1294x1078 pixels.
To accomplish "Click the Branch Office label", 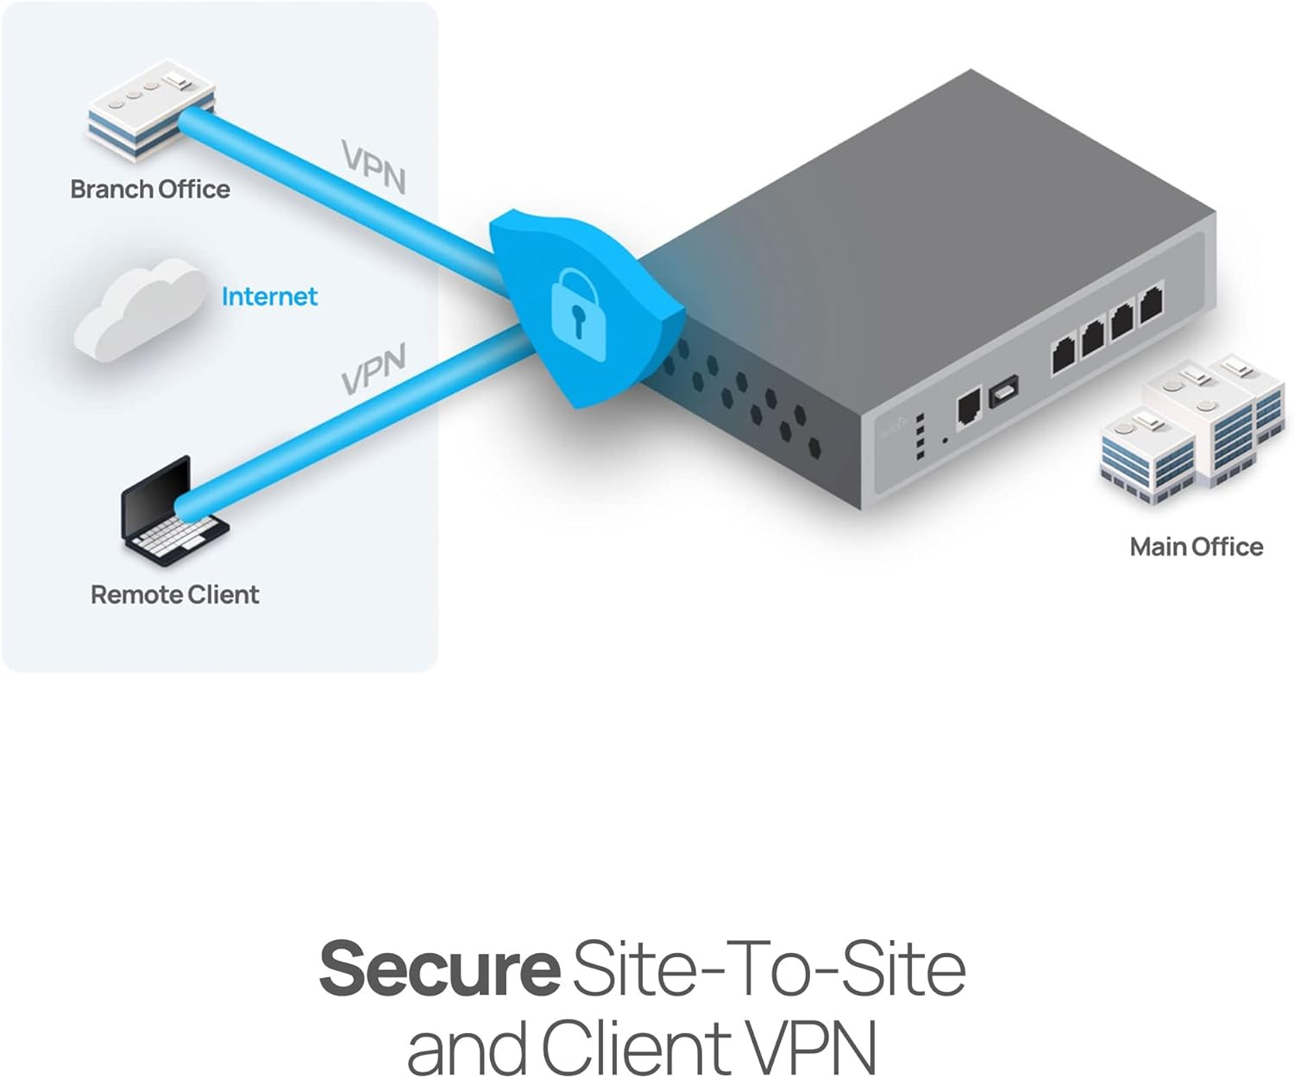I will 150,189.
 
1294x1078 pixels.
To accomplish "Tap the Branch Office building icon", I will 150,110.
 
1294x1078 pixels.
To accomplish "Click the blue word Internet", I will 269,297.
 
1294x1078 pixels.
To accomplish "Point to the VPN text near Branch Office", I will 373,166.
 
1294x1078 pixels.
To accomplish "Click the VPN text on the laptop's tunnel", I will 373,369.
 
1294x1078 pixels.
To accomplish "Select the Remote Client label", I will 174,594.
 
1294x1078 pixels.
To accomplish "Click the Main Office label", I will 1196,547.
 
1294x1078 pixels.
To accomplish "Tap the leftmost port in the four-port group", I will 1063,354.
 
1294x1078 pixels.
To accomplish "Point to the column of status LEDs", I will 920,436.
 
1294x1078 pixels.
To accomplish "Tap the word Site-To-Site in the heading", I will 768,968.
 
